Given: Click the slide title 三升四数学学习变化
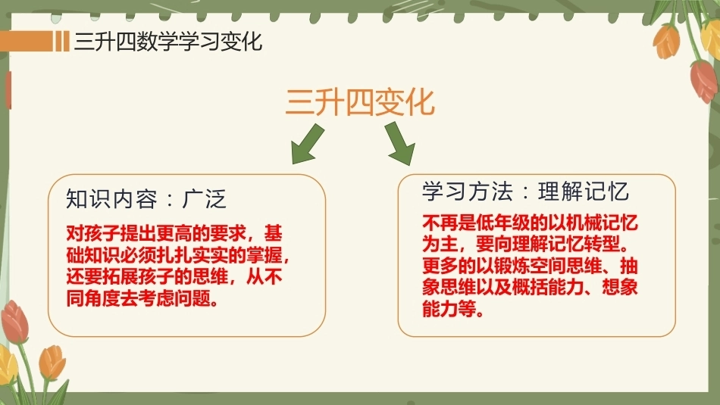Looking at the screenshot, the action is [x=168, y=42].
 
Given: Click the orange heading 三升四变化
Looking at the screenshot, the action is [x=359, y=102].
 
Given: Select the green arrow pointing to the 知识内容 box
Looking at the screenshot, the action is [x=308, y=144].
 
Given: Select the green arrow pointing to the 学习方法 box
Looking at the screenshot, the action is [x=400, y=143].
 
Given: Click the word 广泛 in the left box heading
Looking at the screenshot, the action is [x=205, y=199].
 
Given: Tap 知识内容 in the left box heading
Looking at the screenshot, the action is [x=111, y=199].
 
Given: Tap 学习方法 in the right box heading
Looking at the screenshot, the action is [x=468, y=192].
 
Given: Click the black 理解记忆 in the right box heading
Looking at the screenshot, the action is [x=583, y=192].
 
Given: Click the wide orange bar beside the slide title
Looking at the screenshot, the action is [x=27, y=42].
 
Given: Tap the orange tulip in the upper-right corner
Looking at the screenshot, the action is [x=667, y=42].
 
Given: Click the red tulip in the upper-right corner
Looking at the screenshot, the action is [x=704, y=81].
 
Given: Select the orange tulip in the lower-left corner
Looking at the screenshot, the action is [x=52, y=363].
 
